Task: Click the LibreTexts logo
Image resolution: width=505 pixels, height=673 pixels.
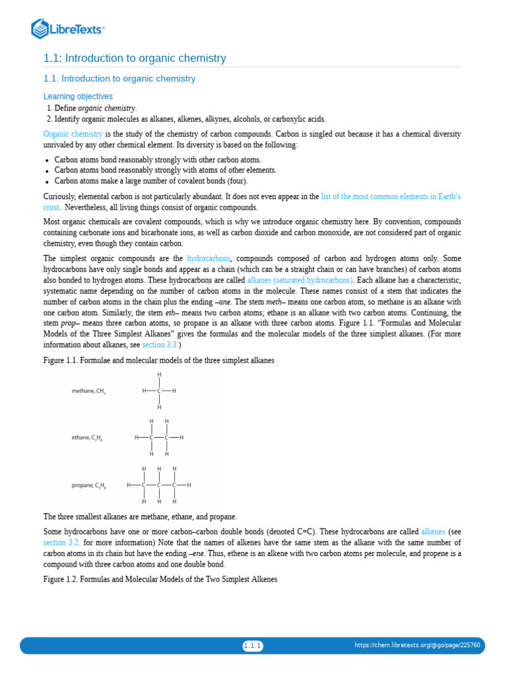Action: click(68, 28)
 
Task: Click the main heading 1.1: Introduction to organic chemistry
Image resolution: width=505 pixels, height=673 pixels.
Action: click(134, 58)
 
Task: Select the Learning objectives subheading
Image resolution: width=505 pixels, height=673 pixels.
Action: click(78, 97)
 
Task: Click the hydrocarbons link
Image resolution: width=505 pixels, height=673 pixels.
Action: click(209, 259)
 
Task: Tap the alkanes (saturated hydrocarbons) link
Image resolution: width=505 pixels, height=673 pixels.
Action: click(300, 281)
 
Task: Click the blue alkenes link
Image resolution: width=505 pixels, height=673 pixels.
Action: click(433, 532)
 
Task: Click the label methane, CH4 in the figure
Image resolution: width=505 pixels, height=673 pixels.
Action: click(89, 391)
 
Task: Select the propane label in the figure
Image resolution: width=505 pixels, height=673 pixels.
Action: click(89, 486)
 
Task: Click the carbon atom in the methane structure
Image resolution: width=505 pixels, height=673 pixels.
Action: click(159, 391)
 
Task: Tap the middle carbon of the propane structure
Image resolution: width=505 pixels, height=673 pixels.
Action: click(159, 486)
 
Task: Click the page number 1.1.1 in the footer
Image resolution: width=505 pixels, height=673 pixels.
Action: click(252, 646)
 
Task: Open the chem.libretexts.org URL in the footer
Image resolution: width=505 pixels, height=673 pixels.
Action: click(417, 645)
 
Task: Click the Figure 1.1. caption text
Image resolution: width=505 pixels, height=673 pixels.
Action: click(158, 361)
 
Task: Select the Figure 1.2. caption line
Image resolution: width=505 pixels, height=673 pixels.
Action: click(160, 579)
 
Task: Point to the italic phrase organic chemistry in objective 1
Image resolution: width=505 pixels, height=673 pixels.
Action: click(107, 108)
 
